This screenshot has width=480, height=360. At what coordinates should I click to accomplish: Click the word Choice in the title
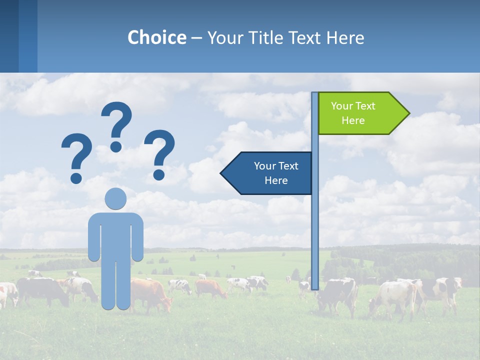[156, 37]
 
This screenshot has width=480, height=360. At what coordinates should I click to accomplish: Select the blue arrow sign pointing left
[267, 173]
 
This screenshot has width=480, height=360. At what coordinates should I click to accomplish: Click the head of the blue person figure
[115, 198]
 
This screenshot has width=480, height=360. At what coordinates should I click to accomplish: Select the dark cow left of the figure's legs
[42, 290]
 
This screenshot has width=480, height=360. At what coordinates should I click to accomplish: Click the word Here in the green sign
[353, 120]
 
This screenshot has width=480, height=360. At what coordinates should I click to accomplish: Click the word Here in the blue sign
[276, 180]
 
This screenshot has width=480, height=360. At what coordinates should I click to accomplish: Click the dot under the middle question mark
[116, 146]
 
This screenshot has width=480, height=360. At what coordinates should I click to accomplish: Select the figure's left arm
[93, 237]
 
